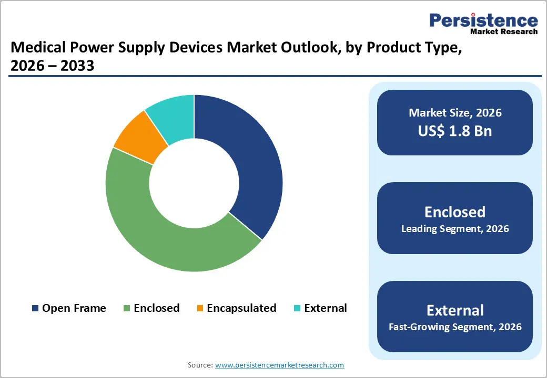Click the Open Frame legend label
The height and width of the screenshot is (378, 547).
click(74, 308)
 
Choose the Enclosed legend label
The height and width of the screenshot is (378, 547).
click(156, 308)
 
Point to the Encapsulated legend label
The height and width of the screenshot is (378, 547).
click(241, 308)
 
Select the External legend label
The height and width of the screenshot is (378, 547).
click(325, 308)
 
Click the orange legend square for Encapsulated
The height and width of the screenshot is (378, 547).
click(200, 309)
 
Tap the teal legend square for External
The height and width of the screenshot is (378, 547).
click(297, 309)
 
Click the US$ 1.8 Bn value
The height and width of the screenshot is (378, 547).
click(455, 131)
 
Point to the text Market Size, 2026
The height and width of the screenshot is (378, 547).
click(455, 113)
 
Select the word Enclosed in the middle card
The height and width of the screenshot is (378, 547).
click(455, 212)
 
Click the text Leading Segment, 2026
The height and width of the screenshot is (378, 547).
click(455, 229)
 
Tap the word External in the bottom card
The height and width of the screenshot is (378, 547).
click(455, 310)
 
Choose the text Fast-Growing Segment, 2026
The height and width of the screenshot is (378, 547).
click(455, 327)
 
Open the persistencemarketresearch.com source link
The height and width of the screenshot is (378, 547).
click(279, 365)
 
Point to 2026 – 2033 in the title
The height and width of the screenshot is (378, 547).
click(53, 66)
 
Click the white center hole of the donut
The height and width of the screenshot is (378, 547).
click(194, 183)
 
